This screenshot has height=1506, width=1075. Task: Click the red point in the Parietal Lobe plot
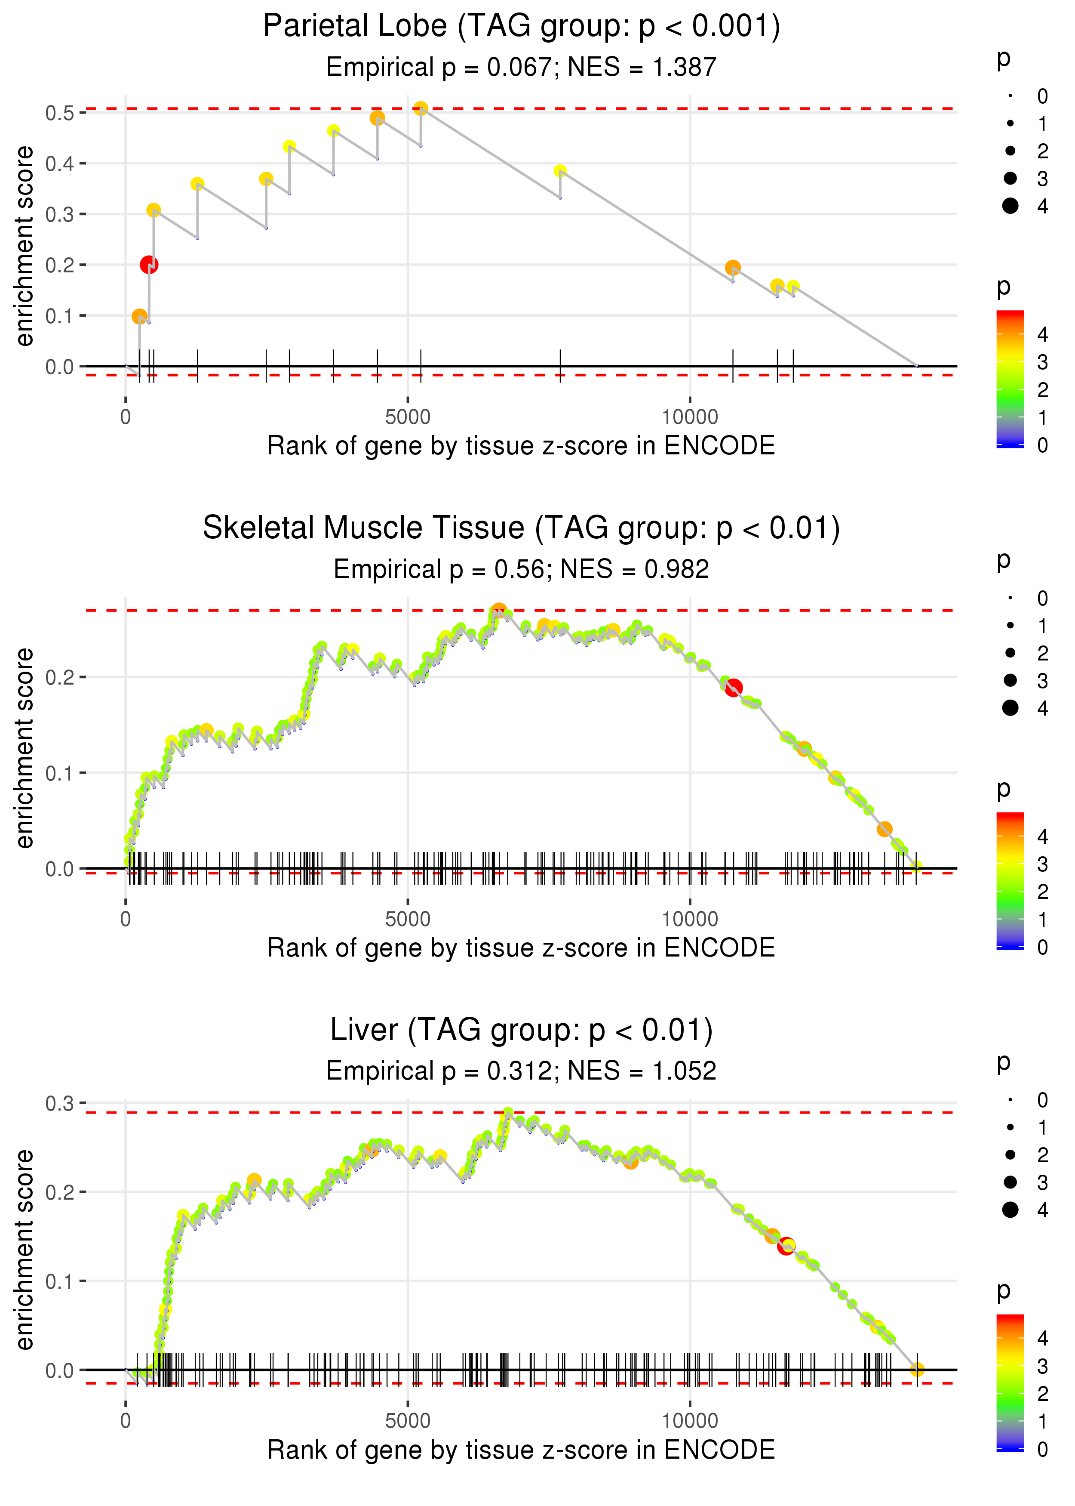tap(149, 265)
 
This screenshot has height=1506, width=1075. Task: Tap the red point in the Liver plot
tap(786, 1246)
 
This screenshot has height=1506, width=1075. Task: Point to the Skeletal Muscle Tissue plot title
tap(522, 528)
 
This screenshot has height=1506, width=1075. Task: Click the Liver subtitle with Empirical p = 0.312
tap(522, 1071)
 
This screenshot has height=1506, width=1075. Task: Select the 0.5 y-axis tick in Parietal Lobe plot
tap(60, 113)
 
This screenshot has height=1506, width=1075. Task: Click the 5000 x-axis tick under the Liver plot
tap(408, 1420)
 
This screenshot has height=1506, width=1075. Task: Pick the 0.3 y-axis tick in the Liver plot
tap(60, 1103)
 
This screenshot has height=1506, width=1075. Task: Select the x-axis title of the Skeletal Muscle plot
tap(522, 948)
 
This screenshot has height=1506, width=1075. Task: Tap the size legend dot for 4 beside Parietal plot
tap(1010, 206)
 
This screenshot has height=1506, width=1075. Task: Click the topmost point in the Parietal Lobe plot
tap(421, 108)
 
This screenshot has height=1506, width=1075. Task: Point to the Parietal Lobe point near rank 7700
tap(560, 171)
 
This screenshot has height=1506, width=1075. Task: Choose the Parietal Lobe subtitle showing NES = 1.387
tap(522, 67)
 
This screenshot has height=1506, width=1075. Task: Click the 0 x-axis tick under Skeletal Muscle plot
tap(126, 919)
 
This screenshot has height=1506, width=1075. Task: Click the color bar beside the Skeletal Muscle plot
tap(1010, 880)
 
